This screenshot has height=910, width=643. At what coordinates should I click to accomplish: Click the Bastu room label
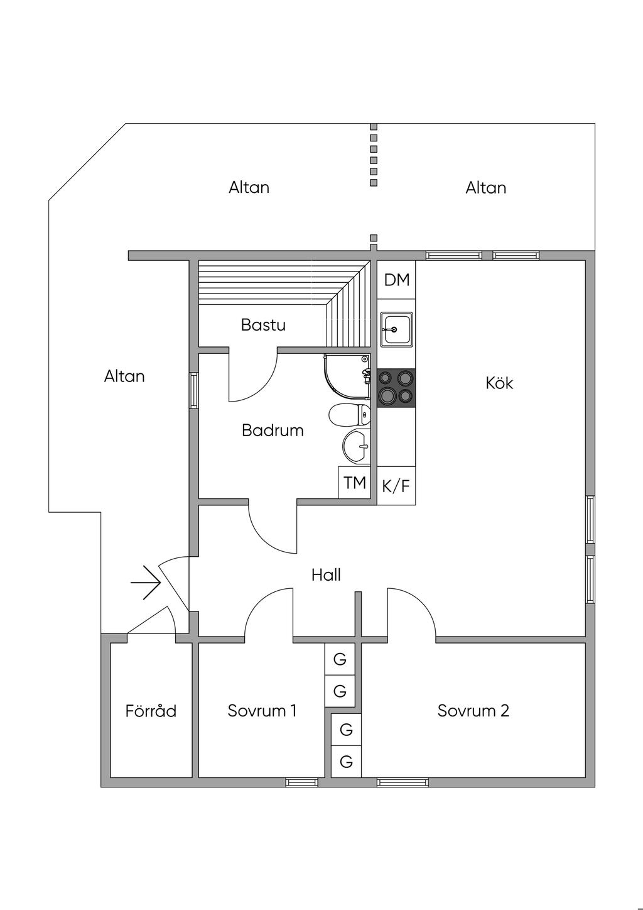[x=263, y=325]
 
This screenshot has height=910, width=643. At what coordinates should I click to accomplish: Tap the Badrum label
[x=273, y=430]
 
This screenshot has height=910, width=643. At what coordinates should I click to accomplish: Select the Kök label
[x=499, y=383]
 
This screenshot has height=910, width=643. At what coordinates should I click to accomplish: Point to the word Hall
[x=326, y=575]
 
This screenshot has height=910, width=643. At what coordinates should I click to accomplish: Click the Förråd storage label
[x=151, y=711]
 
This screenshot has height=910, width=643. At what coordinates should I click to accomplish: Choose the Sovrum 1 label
[x=262, y=711]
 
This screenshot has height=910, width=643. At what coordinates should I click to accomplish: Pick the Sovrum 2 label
[x=473, y=711]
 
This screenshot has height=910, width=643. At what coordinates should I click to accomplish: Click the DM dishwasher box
[x=397, y=280]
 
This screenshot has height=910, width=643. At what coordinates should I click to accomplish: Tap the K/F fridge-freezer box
[x=396, y=486]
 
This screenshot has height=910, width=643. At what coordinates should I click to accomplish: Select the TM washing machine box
[x=354, y=483]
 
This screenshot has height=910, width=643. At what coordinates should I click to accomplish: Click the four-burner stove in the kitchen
[x=396, y=388]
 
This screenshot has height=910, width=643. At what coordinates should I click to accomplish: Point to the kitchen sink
[x=396, y=329]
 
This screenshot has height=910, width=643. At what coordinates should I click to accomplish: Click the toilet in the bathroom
[x=350, y=415]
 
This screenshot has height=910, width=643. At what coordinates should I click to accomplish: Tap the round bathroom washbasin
[x=357, y=447]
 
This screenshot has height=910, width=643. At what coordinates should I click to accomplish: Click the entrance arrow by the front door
[x=146, y=583]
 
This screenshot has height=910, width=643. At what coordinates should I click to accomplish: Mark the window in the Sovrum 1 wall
[x=301, y=782]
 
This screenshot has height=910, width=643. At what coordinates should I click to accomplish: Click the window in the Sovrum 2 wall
[x=403, y=782]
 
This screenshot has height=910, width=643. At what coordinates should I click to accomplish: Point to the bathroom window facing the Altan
[x=194, y=390]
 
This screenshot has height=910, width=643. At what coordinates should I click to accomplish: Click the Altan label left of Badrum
[x=124, y=376]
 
